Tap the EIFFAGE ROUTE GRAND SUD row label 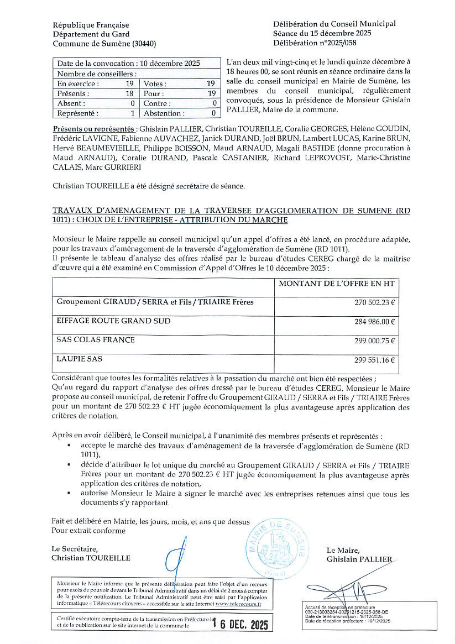[x=113, y=321]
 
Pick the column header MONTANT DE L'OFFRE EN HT [x=336, y=284]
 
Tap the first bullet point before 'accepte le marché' [x=69, y=444]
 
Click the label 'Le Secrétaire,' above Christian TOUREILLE [x=75, y=549]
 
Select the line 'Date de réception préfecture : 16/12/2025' [x=347, y=621]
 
